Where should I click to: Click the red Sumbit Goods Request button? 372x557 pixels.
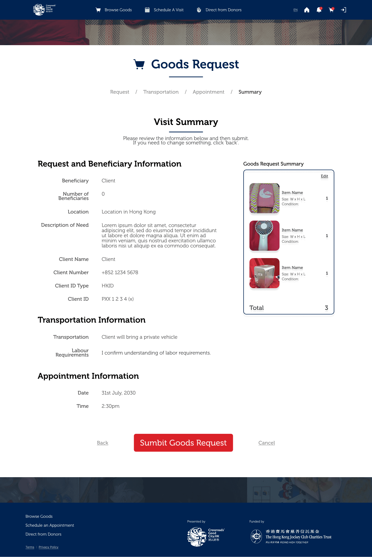(x=183, y=443)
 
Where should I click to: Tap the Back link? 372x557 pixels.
(x=102, y=443)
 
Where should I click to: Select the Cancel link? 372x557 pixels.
(x=267, y=443)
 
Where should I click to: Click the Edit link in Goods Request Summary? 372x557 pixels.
(x=324, y=176)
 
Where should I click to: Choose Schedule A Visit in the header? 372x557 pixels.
(x=164, y=10)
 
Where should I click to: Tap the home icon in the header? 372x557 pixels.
(x=307, y=10)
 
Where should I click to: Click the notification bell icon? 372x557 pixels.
(x=319, y=10)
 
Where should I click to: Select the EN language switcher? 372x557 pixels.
(x=296, y=10)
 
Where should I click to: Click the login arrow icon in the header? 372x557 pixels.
(x=343, y=10)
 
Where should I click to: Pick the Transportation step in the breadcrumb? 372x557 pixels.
(x=161, y=92)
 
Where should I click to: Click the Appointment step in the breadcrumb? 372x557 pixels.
(x=208, y=92)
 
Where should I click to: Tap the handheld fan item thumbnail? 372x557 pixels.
(x=264, y=236)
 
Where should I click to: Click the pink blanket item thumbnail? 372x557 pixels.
(x=264, y=198)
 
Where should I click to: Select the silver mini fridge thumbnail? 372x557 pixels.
(x=264, y=273)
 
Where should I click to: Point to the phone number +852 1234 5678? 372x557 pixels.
(x=120, y=272)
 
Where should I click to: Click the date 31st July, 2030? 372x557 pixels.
(x=118, y=393)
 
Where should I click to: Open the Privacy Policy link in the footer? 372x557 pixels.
(x=48, y=547)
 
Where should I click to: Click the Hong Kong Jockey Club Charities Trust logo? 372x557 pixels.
(x=291, y=537)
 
